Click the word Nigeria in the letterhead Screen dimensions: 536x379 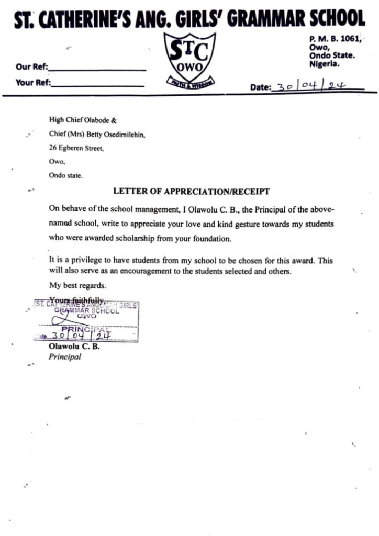click(x=324, y=64)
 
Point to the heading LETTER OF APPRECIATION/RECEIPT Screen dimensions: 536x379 click(x=191, y=192)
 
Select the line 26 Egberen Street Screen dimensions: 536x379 click(x=76, y=148)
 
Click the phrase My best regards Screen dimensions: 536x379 click(x=77, y=286)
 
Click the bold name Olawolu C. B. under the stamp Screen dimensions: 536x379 click(x=74, y=347)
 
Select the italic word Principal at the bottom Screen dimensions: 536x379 click(x=65, y=357)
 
